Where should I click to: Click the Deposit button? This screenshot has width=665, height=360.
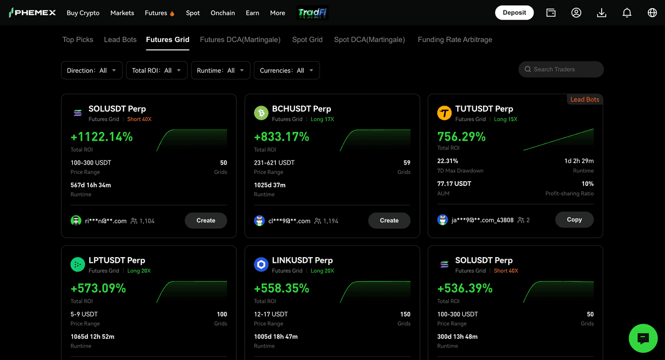[x=514, y=13]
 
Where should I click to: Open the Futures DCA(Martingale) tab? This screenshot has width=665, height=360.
[x=240, y=39]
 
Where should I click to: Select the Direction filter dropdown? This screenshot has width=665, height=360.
[x=91, y=70]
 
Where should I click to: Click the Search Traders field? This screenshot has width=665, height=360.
[x=561, y=70]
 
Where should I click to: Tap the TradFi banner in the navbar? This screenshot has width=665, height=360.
[x=312, y=13]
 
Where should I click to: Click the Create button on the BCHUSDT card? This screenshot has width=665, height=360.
[x=389, y=220]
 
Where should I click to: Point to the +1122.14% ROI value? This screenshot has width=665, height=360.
[x=101, y=137]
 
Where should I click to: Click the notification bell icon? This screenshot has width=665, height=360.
[x=627, y=13]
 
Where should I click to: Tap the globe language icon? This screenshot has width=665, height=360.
[x=652, y=13]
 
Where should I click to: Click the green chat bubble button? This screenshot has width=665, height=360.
[x=643, y=338]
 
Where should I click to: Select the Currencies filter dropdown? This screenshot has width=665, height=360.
[x=287, y=70]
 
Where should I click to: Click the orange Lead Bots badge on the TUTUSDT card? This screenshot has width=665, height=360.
[x=584, y=99]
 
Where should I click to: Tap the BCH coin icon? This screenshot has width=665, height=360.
[x=261, y=113]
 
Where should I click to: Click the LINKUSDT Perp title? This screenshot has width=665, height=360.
[x=302, y=260]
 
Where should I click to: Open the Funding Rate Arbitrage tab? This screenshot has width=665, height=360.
[x=455, y=39]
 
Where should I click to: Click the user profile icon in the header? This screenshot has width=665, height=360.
[x=576, y=13]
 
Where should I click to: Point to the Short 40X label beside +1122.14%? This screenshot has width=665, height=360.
[x=139, y=119]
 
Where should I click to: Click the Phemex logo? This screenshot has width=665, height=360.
[x=32, y=13]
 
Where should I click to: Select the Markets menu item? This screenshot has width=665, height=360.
[x=122, y=13]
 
